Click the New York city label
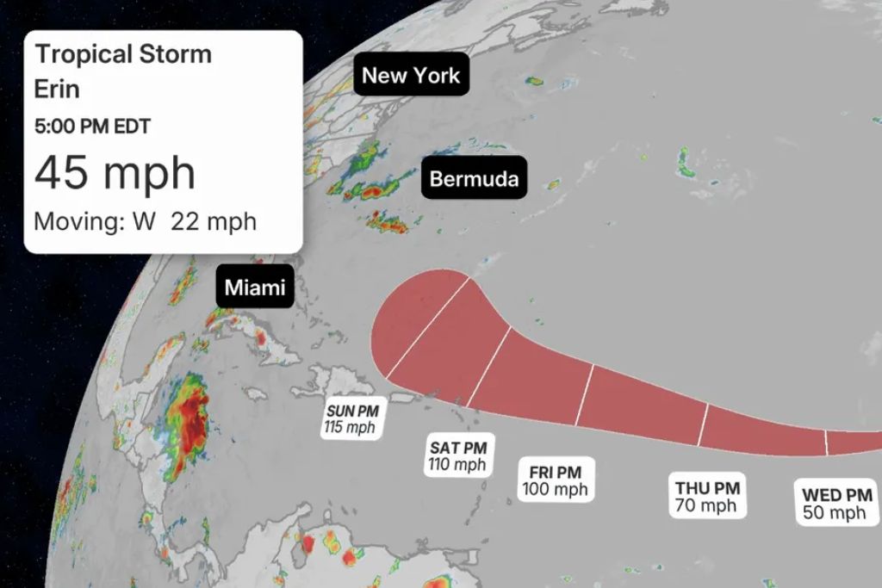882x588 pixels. point(411,76)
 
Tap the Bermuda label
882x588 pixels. point(474,179)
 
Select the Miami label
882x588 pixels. point(254,288)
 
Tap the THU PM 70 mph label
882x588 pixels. point(706,497)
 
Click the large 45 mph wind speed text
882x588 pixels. point(115,173)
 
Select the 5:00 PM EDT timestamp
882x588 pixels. point(92,127)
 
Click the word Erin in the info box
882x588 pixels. point(57,89)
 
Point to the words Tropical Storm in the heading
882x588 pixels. point(122,54)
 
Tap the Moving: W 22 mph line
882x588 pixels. point(145,221)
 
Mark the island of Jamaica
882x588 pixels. point(255,393)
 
